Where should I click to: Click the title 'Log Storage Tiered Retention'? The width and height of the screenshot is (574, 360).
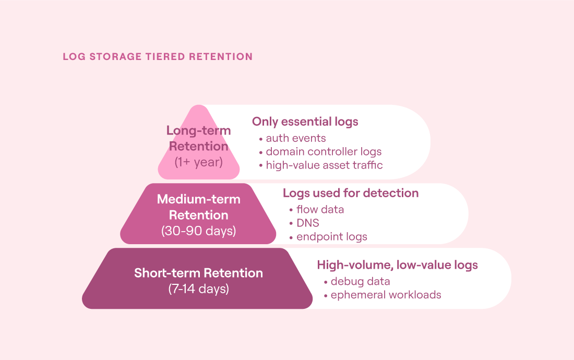(x=158, y=57)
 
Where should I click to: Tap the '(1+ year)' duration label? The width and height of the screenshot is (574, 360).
(x=198, y=162)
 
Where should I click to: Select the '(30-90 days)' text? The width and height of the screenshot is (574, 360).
(x=198, y=231)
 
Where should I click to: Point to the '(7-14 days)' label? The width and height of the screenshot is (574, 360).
(x=198, y=289)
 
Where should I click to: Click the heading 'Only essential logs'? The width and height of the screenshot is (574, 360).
(x=305, y=122)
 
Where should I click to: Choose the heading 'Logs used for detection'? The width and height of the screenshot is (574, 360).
(x=351, y=193)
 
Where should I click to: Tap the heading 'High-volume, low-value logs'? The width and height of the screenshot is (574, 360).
(x=398, y=265)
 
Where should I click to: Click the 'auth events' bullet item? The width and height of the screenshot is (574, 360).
(x=296, y=138)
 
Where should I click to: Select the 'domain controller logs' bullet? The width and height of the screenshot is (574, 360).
(x=324, y=151)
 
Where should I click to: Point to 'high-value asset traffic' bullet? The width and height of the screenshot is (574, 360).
(x=325, y=165)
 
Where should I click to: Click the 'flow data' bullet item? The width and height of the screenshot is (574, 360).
(x=320, y=209)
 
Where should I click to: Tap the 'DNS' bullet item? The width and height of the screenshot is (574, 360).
(x=308, y=223)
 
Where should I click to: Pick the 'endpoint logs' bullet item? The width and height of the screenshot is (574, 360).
(x=332, y=237)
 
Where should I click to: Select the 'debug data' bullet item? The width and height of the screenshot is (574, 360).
(x=360, y=281)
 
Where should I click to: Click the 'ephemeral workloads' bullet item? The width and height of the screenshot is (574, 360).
(x=386, y=295)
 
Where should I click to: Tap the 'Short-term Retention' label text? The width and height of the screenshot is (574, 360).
(x=198, y=273)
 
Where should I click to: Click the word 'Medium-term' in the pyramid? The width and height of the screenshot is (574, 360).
(x=198, y=199)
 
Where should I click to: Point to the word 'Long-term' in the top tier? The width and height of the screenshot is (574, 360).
(x=198, y=130)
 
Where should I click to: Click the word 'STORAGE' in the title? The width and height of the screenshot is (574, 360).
(x=116, y=57)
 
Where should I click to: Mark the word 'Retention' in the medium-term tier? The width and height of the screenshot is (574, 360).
(x=198, y=215)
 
